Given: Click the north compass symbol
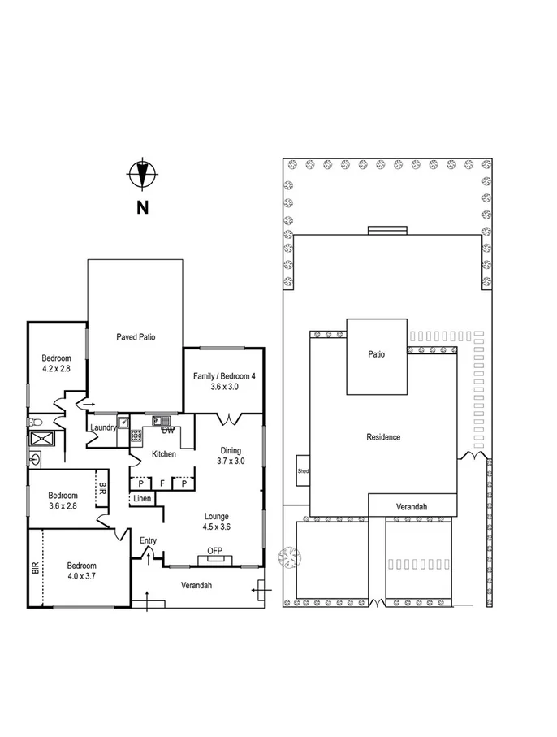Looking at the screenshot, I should tap(142, 173).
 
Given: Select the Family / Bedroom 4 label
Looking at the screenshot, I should tap(224, 381).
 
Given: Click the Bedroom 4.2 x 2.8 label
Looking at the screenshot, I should tap(57, 363).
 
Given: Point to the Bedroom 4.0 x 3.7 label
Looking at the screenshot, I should tap(81, 570).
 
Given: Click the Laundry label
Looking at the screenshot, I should tap(103, 427).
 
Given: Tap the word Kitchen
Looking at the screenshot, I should tap(163, 454).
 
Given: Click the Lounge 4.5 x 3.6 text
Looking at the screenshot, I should tap(217, 521).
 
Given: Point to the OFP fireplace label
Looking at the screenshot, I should tap(215, 552).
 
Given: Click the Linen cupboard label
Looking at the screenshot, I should tap(142, 498).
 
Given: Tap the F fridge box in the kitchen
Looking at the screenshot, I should tap(162, 483).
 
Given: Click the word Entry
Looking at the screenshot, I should tap(148, 540).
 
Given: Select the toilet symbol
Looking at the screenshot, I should tap(34, 423).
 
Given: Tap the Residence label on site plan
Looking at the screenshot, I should tap(383, 437).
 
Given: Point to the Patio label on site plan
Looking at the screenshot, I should tap(376, 354).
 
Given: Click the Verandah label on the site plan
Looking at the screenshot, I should tap(412, 506).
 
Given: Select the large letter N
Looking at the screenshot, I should tap(142, 207).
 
